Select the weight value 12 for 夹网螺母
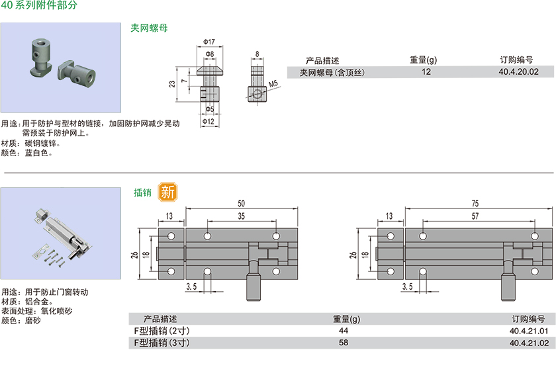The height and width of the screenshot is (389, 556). pyautogui.click(x=426, y=72)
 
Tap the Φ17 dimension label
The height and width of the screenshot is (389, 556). pyautogui.click(x=208, y=42)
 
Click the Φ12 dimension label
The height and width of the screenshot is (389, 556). pyautogui.click(x=208, y=121)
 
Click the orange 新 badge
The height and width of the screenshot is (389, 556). pyautogui.click(x=167, y=192)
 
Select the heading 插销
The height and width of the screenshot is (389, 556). pyautogui.click(x=142, y=193)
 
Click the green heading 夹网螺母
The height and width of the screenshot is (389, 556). pyautogui.click(x=149, y=28)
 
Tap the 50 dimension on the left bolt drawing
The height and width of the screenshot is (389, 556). pyautogui.click(x=241, y=203)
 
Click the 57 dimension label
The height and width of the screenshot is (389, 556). pyautogui.click(x=475, y=216)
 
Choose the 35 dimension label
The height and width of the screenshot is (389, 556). pyautogui.click(x=241, y=216)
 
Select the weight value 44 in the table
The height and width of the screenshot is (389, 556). pyautogui.click(x=343, y=330)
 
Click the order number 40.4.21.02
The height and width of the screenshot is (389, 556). pyautogui.click(x=529, y=343)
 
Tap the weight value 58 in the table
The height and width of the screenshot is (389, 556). pyautogui.click(x=343, y=343)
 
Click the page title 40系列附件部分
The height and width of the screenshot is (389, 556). pyautogui.click(x=39, y=5)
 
